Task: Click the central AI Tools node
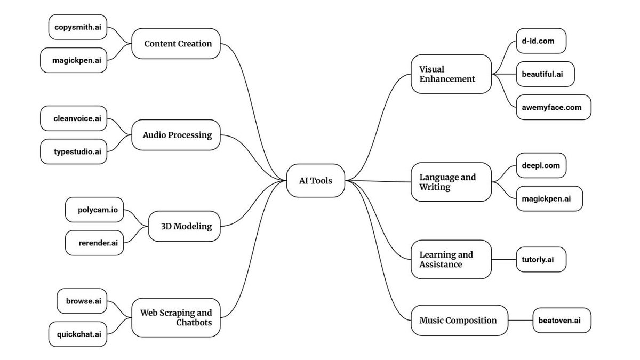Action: pos(316,181)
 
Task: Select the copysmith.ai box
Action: pos(78,27)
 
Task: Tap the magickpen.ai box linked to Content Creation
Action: pos(74,60)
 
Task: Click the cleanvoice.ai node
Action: pos(74,118)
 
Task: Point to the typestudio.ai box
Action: pos(74,151)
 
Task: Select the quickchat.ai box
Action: pos(78,334)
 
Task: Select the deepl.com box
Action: pos(541,165)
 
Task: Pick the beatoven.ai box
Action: pos(562,321)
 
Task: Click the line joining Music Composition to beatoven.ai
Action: pos(521,321)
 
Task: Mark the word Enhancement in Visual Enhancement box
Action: pos(447,79)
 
